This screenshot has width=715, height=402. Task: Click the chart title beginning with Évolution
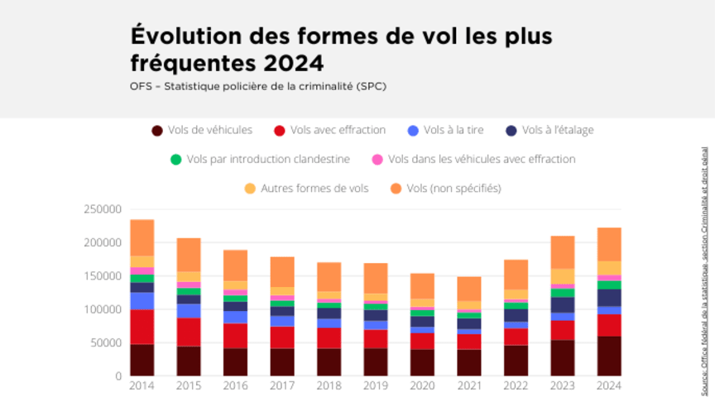340,49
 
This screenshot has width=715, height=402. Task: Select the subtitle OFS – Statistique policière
257,86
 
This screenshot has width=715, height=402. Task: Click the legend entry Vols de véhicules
202,130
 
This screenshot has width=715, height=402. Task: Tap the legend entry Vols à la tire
446,130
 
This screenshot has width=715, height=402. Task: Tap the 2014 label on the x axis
142,384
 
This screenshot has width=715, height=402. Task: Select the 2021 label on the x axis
469,384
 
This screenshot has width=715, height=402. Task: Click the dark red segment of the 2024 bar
609,356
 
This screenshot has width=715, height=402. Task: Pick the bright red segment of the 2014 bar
142,327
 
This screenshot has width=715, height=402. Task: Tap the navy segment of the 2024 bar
609,298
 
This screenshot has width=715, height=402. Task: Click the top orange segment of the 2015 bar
189,255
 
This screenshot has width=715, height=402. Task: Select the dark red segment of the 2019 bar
376,361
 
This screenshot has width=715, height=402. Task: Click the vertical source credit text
704,265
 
